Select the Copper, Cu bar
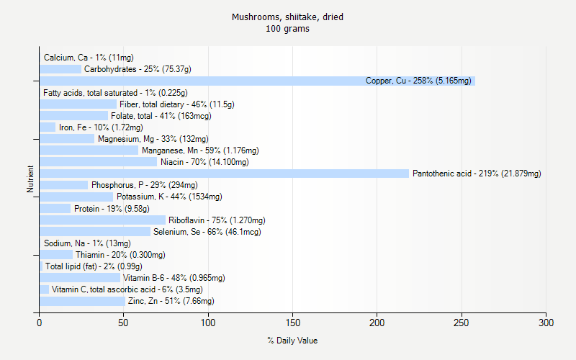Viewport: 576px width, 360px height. [x=257, y=81]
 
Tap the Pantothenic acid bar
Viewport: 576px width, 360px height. [x=224, y=174]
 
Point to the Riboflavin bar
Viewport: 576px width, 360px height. [x=102, y=220]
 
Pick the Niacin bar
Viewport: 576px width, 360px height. [x=98, y=162]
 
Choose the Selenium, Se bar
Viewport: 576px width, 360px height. [x=95, y=232]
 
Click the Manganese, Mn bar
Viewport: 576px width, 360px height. [x=89, y=150]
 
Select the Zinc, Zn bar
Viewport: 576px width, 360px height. [x=82, y=301]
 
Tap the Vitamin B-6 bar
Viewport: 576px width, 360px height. [x=80, y=278]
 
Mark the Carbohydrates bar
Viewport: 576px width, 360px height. [x=60, y=69]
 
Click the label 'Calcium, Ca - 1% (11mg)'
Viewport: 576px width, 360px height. [x=89, y=58]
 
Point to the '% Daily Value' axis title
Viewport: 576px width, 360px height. [x=292, y=341]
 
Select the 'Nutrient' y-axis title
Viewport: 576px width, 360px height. [x=30, y=179]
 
